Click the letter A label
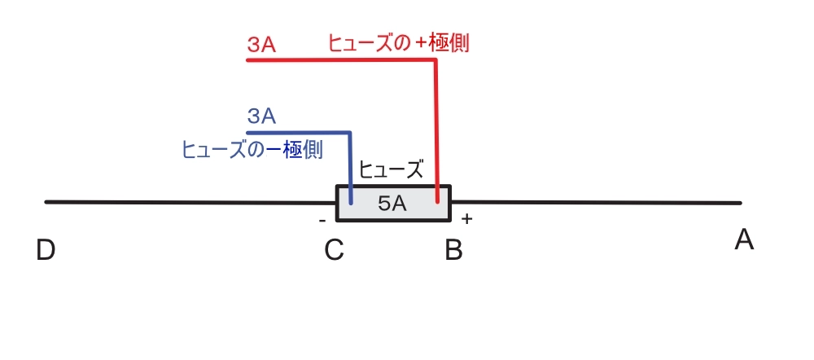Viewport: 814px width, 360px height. click(744, 240)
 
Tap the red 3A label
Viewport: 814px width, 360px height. click(261, 46)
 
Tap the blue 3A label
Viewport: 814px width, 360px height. click(261, 116)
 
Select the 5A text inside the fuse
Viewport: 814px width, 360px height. click(392, 204)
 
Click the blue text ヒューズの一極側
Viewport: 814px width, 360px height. click(252, 150)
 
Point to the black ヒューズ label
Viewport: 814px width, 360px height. click(392, 170)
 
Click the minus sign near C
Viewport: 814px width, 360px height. click(322, 220)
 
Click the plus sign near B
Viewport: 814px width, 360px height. click(466, 219)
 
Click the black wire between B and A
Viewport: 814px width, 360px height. click(594, 202)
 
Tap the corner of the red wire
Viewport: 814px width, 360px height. click(437, 60)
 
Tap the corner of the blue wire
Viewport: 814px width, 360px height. click(350, 132)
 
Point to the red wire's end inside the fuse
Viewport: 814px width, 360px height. click(437, 200)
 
